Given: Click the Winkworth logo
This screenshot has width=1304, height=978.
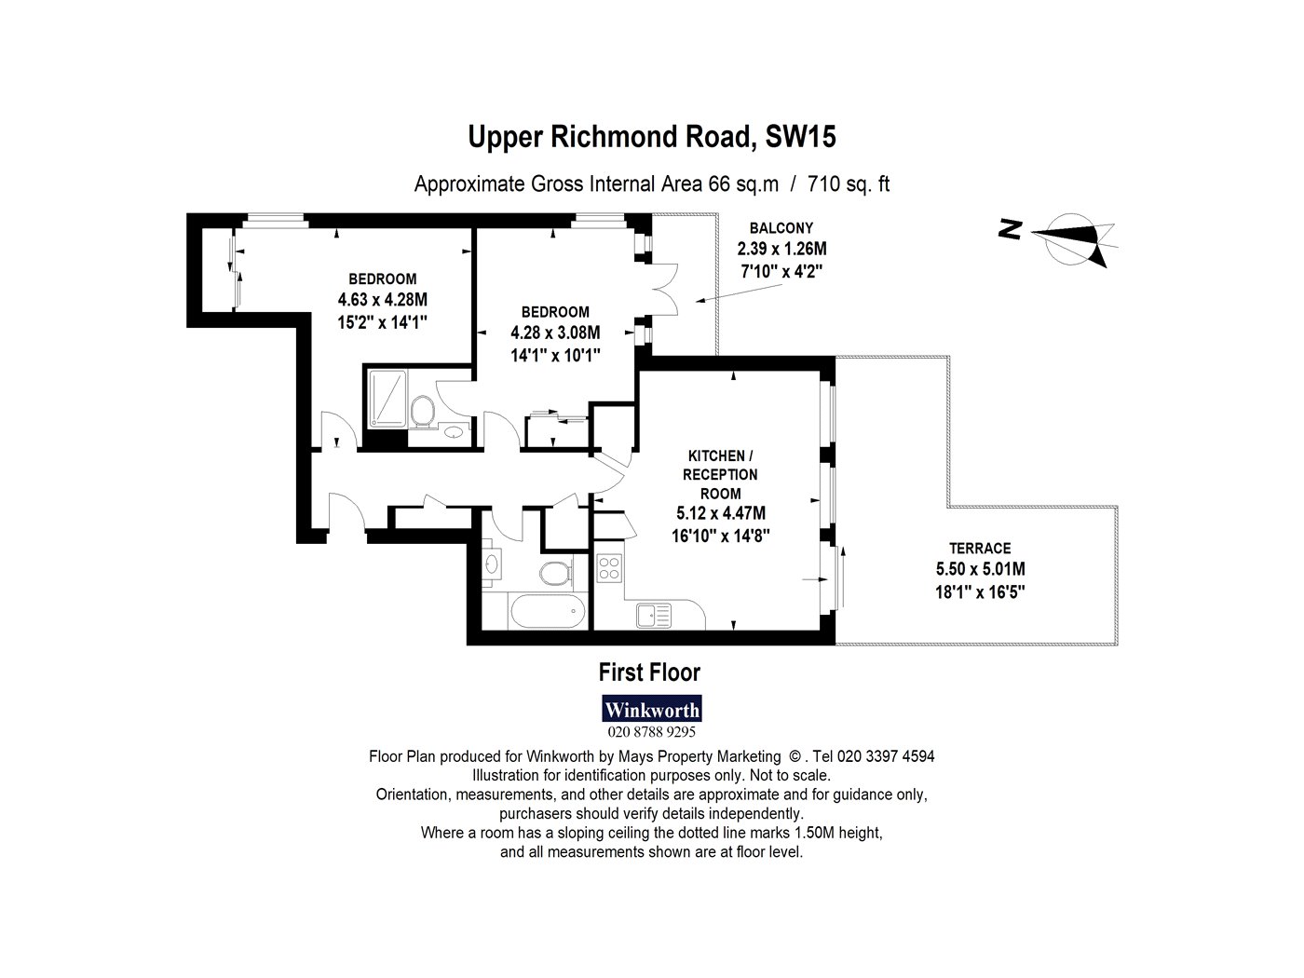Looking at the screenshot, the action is (652, 709).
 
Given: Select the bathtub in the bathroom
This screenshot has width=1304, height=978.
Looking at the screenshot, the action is (548, 610).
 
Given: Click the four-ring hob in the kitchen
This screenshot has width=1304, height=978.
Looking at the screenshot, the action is (609, 567).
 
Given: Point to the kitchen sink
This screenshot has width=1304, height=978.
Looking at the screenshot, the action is (654, 615).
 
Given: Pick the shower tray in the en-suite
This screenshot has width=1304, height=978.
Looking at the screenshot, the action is (387, 399).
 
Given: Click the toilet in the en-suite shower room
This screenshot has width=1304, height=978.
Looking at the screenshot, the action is (422, 411).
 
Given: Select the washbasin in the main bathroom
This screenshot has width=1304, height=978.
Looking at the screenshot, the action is (492, 564).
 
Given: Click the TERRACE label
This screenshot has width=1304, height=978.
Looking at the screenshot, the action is (980, 548).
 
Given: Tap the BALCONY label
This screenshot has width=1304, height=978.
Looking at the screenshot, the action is (781, 228).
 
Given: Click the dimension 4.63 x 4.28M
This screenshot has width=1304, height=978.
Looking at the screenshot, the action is (383, 299).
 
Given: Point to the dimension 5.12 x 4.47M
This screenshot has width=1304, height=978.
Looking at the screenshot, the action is (721, 513).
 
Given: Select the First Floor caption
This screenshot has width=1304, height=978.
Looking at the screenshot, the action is (649, 672).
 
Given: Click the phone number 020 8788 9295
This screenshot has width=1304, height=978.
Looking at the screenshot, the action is (651, 731).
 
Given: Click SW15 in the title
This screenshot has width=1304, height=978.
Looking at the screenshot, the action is (800, 137).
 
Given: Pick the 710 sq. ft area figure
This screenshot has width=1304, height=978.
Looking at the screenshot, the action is (849, 184).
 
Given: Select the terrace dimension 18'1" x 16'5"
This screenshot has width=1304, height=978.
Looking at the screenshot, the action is (980, 592).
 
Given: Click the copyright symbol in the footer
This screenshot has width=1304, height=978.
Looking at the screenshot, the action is (795, 757).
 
